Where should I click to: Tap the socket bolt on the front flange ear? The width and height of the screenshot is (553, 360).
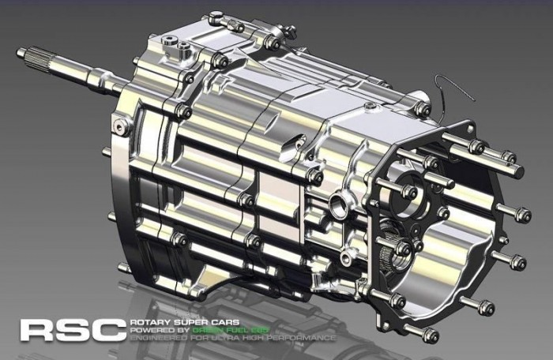[x=122, y=124]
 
